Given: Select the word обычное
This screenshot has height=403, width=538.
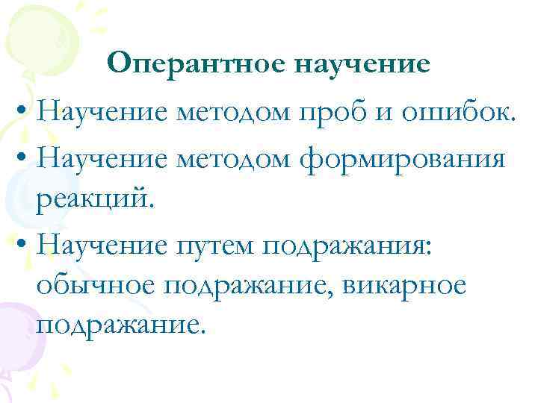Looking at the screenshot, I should click(x=88, y=287).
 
